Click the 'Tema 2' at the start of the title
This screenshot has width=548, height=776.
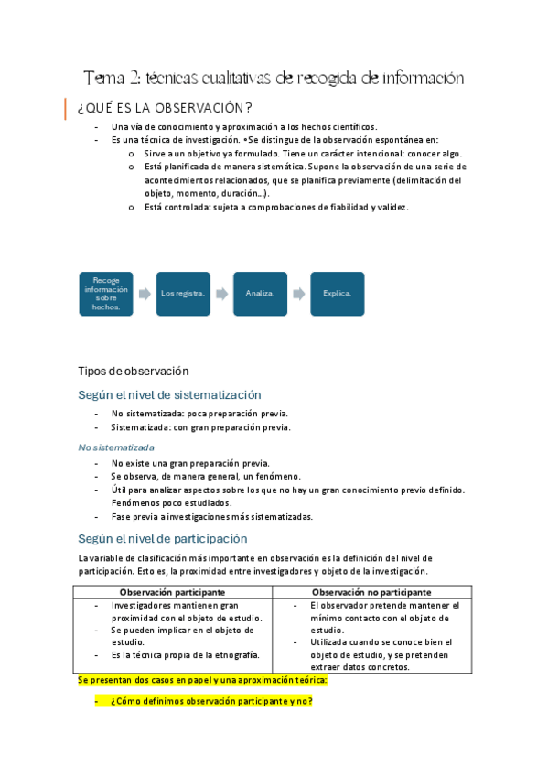point(109,79)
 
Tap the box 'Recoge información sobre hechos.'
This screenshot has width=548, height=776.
point(106,293)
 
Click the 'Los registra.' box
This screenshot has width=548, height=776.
point(183,293)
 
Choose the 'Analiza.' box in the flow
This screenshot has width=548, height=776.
point(260,293)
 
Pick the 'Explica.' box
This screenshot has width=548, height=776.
point(337,293)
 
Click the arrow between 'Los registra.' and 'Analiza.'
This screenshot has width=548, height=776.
point(221,293)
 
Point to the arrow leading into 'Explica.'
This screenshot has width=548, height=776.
point(298,293)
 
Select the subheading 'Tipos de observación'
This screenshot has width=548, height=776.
point(133,371)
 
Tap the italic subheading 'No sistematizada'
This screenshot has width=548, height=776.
point(116,447)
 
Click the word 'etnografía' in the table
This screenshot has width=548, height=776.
point(236,654)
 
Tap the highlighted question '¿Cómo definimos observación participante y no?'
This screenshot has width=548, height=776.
point(211,701)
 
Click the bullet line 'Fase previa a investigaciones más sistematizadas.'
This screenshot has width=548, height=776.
point(211,516)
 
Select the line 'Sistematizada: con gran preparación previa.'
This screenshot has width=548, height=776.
point(200,426)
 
